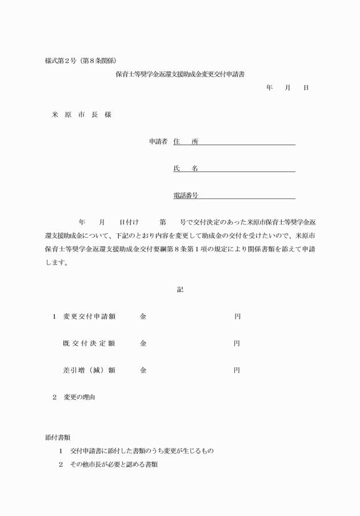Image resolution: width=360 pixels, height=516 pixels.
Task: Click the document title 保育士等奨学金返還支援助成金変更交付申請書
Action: (183, 74)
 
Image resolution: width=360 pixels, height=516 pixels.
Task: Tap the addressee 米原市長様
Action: (82, 115)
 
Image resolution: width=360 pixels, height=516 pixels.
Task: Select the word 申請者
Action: (158, 142)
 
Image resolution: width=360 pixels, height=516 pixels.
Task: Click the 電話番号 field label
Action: (186, 195)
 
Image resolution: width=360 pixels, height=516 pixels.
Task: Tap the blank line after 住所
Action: (247, 143)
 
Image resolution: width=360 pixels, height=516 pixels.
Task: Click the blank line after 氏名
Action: (247, 170)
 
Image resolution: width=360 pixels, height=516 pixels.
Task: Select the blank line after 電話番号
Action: (247, 197)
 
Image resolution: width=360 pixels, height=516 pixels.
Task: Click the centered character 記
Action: (180, 290)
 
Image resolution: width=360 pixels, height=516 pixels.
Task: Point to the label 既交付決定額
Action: (89, 343)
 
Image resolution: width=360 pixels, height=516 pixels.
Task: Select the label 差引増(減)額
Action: (89, 370)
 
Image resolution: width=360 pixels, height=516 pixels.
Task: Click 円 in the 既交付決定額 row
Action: (237, 343)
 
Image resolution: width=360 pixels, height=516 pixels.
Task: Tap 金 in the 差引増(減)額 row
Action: (143, 370)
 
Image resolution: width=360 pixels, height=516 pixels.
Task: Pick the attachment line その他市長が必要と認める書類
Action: (114, 465)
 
